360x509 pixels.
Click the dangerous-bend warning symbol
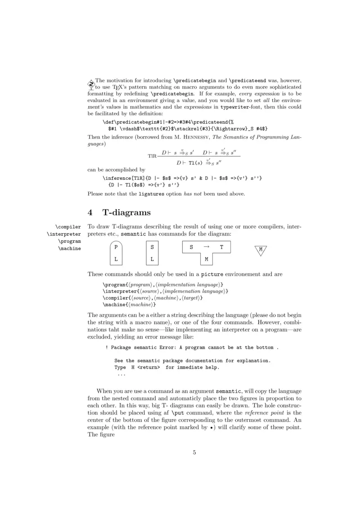[x=90, y=84]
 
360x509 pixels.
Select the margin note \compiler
[x=68, y=227]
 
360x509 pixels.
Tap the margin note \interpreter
[x=64, y=234]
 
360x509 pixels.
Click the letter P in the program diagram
[x=116, y=247]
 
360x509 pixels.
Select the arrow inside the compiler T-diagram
[x=206, y=247]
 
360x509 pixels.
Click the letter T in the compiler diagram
[x=221, y=247]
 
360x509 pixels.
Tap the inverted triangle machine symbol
[x=261, y=250]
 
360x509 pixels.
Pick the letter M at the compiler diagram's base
[x=206, y=259]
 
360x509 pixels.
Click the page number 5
[x=194, y=452]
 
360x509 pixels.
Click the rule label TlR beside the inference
[x=152, y=156]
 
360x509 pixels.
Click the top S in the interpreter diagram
[x=152, y=247]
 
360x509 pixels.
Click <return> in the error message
[x=148, y=367]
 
